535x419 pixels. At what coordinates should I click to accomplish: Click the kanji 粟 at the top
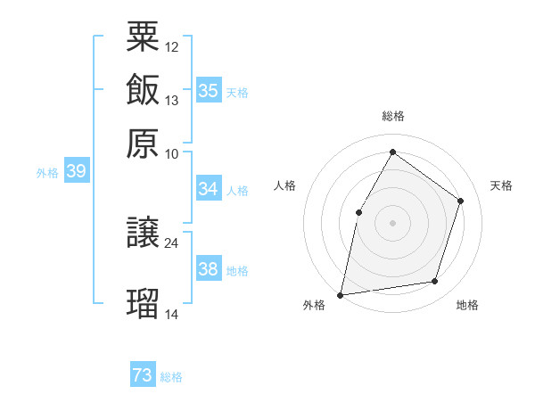click(144, 37)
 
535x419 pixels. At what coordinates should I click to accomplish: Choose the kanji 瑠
click(144, 302)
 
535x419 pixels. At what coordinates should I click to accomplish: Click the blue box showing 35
click(208, 91)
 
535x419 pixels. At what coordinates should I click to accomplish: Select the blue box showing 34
click(208, 189)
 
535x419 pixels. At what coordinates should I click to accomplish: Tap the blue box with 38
click(208, 269)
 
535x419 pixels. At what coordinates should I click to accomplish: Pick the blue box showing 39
click(76, 171)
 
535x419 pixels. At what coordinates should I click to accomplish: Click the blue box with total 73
click(143, 375)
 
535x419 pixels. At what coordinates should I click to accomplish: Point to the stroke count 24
click(172, 242)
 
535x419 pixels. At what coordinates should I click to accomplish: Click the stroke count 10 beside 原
click(172, 153)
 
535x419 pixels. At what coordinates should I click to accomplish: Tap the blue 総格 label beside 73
click(171, 377)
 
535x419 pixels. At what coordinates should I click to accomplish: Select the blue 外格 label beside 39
click(47, 173)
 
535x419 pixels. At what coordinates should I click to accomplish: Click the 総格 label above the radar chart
click(392, 116)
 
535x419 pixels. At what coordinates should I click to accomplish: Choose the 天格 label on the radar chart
click(501, 185)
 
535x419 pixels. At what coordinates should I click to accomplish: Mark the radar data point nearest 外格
click(341, 294)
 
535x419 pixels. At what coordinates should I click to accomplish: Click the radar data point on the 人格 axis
click(358, 211)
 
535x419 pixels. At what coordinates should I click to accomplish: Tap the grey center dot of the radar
click(392, 222)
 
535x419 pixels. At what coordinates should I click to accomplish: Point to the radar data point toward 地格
click(435, 282)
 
